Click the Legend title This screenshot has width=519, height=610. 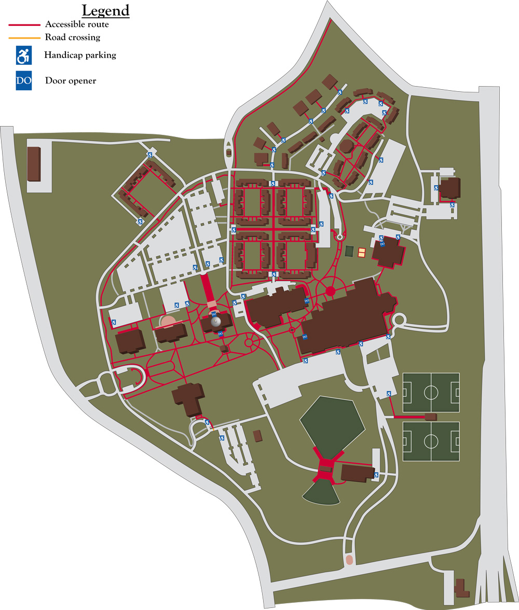105,10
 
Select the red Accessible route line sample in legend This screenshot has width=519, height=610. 24,24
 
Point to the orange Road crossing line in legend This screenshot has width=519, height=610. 24,37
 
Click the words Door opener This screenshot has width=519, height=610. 71,81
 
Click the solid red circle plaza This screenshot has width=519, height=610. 330,292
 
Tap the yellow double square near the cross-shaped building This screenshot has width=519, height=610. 362,253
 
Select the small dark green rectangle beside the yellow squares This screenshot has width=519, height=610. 349,252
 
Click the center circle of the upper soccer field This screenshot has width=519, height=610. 431,392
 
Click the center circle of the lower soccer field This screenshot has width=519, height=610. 431,441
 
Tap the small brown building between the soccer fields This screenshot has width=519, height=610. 430,417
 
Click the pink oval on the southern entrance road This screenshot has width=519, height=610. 349,560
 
